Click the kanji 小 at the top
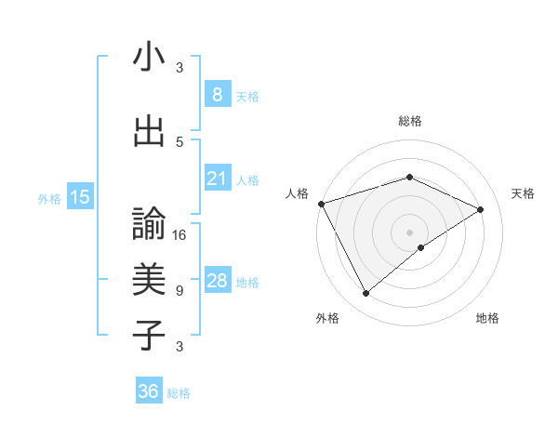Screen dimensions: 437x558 (149, 59)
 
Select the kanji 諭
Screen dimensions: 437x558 (149, 223)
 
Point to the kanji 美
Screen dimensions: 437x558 (149, 279)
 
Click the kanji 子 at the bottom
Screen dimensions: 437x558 (149, 335)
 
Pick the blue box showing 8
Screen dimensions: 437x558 (217, 94)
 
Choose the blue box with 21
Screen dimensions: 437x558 (217, 179)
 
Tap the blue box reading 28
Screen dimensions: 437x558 (217, 281)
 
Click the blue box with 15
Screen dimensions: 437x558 (79, 196)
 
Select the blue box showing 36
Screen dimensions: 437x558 (148, 391)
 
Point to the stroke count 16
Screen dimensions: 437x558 (179, 235)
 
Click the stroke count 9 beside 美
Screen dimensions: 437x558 (179, 291)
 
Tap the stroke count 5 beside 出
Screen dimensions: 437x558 (179, 141)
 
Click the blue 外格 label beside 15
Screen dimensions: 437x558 (49, 198)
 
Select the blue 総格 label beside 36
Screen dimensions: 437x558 (179, 393)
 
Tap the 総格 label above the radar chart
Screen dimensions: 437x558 (409, 121)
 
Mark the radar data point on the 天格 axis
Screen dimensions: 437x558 (481, 209)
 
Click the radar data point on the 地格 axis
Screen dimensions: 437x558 (421, 247)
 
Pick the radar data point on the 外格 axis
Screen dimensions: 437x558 (365, 294)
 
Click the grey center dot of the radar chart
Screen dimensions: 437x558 (409, 232)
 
